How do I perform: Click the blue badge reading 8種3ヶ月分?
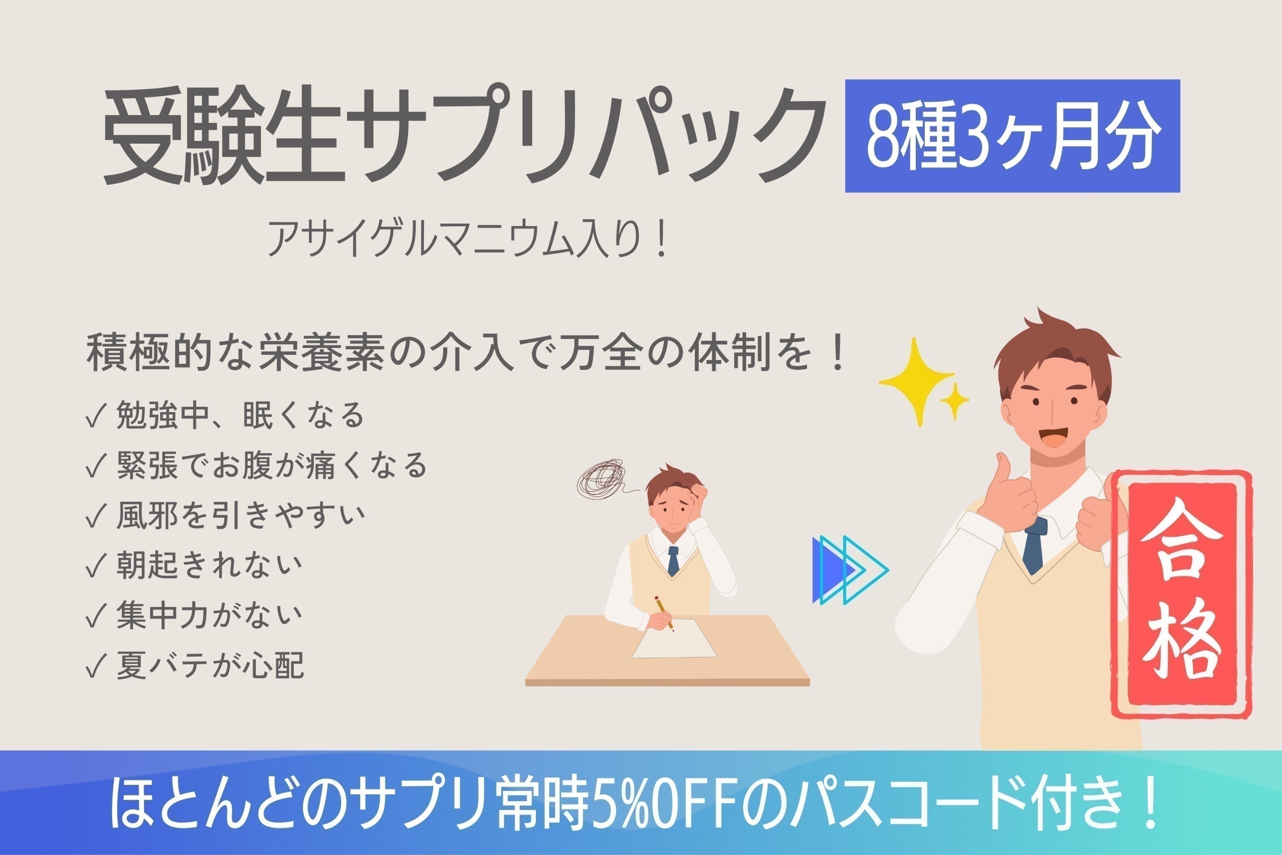(1012, 136)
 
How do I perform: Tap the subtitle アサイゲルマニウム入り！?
(467, 238)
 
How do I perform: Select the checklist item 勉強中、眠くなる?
(240, 415)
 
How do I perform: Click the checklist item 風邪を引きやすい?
(240, 515)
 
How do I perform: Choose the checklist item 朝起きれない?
(209, 566)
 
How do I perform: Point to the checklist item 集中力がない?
(209, 616)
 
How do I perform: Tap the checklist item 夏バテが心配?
(210, 666)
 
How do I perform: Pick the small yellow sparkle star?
(954, 401)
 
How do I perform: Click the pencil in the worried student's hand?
(665, 613)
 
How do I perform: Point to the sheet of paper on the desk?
(675, 640)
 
